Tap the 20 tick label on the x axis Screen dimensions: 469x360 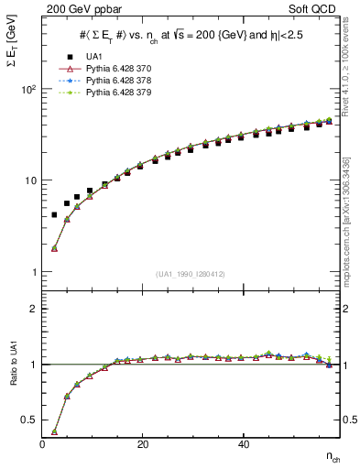click(142, 444)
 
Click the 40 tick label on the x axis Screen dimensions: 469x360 click(243, 444)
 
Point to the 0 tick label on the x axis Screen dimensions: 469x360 click(42, 444)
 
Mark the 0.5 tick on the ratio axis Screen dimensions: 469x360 click(31, 420)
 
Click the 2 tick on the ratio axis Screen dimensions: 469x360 click(35, 309)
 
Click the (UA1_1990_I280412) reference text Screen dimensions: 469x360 click(191, 275)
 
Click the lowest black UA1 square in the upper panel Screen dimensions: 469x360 click(54, 215)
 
